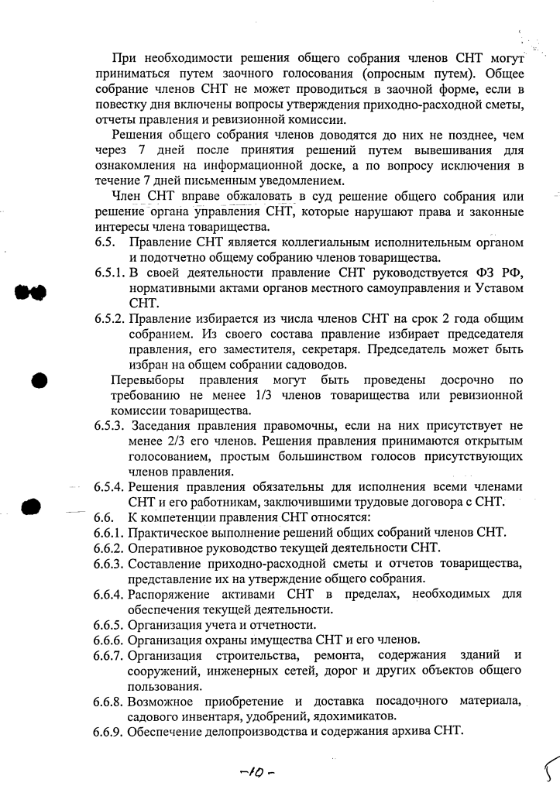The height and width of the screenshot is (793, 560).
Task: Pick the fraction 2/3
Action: point(146,441)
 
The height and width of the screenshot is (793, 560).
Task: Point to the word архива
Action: point(411,731)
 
